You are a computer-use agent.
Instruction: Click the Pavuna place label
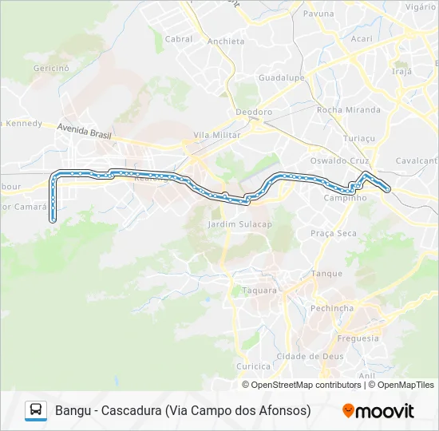(318, 14)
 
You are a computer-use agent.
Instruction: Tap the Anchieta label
(225, 42)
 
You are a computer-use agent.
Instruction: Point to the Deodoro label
(254, 113)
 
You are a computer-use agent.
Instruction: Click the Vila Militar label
(217, 136)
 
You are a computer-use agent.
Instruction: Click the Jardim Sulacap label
(239, 224)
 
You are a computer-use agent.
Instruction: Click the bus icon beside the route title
(36, 410)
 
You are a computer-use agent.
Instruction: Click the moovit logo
(378, 411)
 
